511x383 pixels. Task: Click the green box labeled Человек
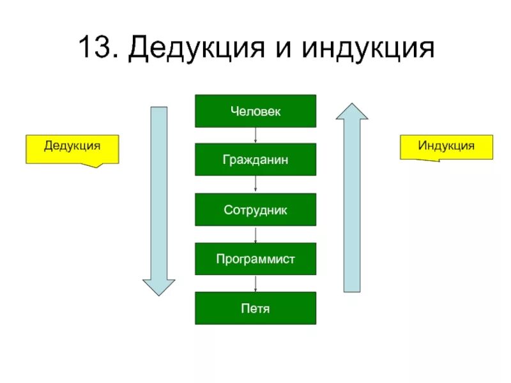coord(256,111)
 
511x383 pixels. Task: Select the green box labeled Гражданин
coord(256,160)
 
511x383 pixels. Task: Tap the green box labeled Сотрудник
coord(256,209)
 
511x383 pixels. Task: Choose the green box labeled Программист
coord(256,259)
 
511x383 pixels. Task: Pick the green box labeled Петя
coord(256,308)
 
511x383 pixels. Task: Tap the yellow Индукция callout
coord(446,146)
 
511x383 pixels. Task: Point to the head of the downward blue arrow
coord(158,287)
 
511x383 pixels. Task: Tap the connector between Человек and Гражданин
coord(256,135)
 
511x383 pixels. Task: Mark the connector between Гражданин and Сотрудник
coord(256,184)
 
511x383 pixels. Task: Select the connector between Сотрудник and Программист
coord(256,234)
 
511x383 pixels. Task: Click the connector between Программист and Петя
coord(256,283)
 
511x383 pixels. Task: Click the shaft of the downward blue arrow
coord(158,191)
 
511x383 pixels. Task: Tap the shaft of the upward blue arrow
coord(352,204)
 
